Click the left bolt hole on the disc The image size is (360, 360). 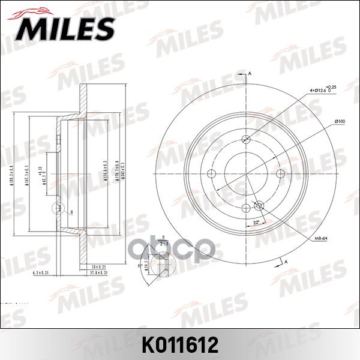point(212,173)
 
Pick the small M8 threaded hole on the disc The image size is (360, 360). point(260,205)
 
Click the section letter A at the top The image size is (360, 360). point(249,74)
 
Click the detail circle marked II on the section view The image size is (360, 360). point(59,209)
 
